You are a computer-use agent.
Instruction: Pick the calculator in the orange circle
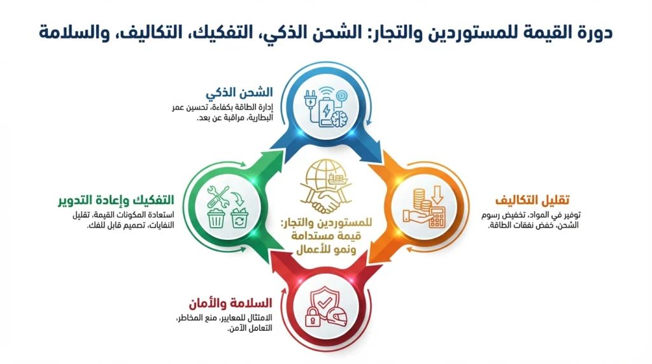point(436,217)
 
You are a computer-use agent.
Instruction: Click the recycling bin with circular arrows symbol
point(241,219)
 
